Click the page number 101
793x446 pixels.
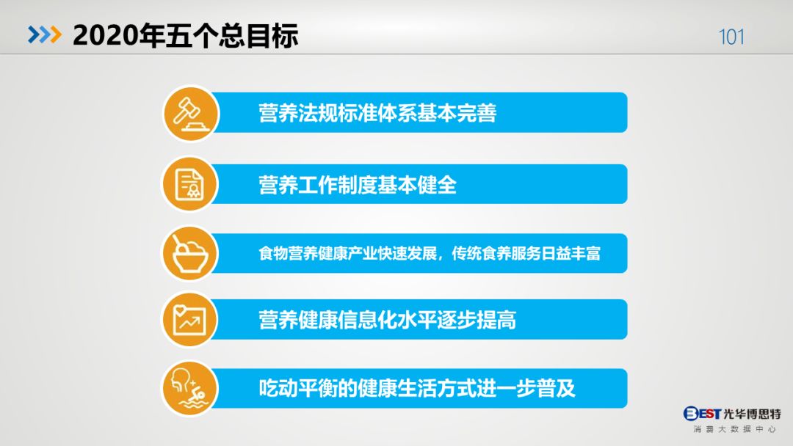click(731, 37)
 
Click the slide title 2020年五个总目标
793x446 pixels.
click(186, 35)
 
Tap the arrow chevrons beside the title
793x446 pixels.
click(45, 34)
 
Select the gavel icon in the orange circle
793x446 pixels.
click(191, 113)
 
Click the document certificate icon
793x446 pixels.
click(189, 184)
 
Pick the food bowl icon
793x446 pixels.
click(189, 253)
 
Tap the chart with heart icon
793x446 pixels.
click(189, 319)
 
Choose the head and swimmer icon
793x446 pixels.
click(189, 389)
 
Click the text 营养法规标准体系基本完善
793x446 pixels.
click(377, 113)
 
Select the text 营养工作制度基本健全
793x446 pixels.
click(358, 184)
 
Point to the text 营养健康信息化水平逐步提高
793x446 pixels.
click(388, 320)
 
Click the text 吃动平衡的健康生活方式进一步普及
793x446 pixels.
click(417, 389)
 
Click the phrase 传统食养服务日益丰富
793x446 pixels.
click(526, 253)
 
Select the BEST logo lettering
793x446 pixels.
click(702, 414)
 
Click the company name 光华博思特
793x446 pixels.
click(752, 414)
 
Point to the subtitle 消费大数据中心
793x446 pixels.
click(734, 429)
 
